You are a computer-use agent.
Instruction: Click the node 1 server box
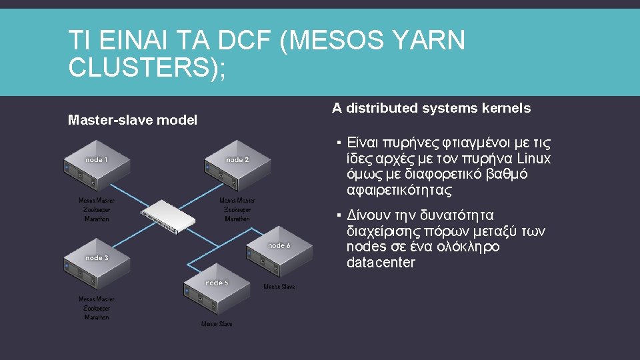tap(97, 167)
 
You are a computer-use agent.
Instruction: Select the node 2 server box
tap(237, 167)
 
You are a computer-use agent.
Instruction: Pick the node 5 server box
tap(217, 290)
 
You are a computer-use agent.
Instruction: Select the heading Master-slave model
tap(133, 121)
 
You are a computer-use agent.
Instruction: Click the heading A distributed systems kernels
tap(431, 108)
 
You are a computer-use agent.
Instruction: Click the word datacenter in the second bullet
tap(381, 263)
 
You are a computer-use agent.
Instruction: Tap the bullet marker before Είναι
tap(339, 143)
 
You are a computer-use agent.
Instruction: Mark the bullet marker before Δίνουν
tap(339, 215)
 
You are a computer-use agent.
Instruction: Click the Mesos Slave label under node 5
tap(217, 324)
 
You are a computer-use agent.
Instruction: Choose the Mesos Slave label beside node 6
tap(279, 287)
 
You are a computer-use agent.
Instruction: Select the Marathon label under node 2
tap(237, 219)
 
